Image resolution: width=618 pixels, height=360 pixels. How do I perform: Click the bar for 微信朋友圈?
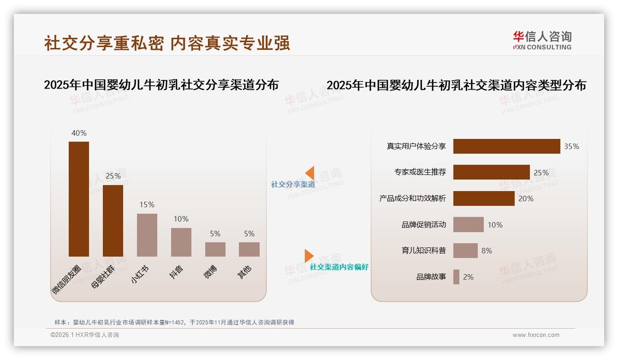tap(79, 199)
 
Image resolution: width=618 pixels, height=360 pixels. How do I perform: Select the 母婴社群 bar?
tap(113, 221)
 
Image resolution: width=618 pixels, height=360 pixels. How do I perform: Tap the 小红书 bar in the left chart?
tap(147, 235)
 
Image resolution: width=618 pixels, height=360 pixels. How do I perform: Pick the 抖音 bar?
tap(181, 242)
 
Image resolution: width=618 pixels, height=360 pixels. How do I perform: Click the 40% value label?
tap(79, 133)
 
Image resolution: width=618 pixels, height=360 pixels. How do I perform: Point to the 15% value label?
tap(147, 204)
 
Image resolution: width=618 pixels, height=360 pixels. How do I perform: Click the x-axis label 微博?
tap(210, 272)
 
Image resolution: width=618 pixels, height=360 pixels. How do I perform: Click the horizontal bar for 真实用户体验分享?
tap(506, 146)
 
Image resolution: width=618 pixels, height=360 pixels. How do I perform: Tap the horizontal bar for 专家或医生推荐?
tap(491, 172)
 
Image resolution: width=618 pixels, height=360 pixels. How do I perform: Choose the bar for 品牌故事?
tap(456, 277)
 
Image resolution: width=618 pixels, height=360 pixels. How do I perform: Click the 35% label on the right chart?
tap(571, 146)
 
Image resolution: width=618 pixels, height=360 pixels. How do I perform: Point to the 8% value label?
tap(487, 251)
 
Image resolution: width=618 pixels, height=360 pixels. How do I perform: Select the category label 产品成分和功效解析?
tap(413, 198)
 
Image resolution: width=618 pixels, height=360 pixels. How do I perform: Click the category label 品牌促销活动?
tap(424, 225)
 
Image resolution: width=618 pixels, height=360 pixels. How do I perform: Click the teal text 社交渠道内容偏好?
tap(339, 267)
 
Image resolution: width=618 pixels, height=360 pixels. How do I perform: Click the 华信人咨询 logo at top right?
tap(542, 40)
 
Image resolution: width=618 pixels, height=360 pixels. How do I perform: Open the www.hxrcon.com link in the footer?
tap(536, 335)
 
